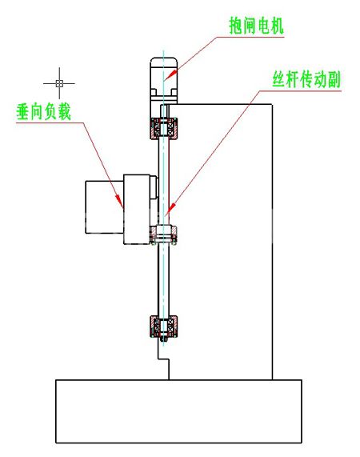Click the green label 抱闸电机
pyautogui.click(x=256, y=26)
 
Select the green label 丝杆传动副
pyautogui.click(x=306, y=79)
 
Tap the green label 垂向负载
pyautogui.click(x=44, y=111)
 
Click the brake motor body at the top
pyautogui.click(x=164, y=81)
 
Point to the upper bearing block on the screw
pyautogui.click(x=164, y=128)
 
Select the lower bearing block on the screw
pyautogui.click(x=164, y=326)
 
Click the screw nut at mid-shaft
pyautogui.click(x=163, y=235)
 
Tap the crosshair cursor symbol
pyautogui.click(x=59, y=83)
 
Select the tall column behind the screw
pyautogui.click(x=221, y=242)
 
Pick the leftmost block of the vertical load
pyautogui.click(x=104, y=207)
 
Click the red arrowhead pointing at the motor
pyautogui.click(x=172, y=74)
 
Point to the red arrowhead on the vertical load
pyautogui.click(x=119, y=201)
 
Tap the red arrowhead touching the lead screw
pyautogui.click(x=171, y=207)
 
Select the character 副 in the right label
pyautogui.click(x=334, y=79)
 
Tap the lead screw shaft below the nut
pyautogui.click(x=163, y=280)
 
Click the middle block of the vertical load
pyautogui.click(x=137, y=209)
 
